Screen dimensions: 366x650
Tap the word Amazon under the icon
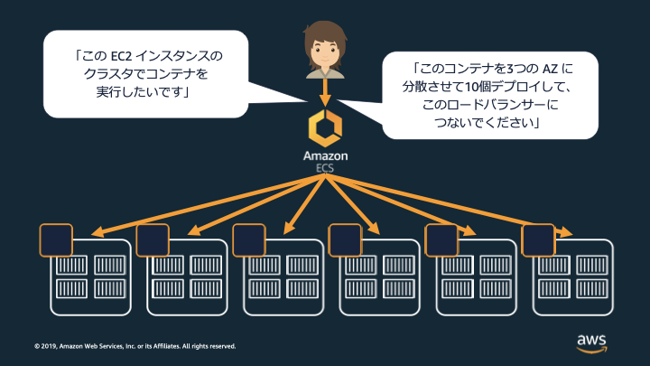point(324,156)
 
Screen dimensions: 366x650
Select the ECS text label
point(324,167)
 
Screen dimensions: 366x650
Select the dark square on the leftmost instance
point(55,239)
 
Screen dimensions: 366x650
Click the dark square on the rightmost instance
point(538,239)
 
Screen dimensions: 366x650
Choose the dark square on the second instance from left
point(152,239)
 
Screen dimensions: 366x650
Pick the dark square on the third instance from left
point(248,239)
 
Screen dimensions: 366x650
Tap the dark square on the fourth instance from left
point(345,239)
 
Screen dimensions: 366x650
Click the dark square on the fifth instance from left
point(441,239)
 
